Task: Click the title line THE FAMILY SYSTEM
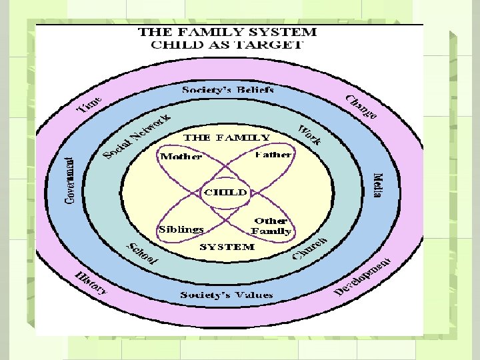227,32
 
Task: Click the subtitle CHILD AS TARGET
227,45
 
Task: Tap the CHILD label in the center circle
225,192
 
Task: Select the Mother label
181,157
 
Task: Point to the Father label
273,155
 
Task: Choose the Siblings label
181,229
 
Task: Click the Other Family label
271,226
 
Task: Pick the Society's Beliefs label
228,89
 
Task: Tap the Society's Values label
227,295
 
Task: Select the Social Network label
137,137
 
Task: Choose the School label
142,253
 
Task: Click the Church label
309,248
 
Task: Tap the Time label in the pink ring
89,104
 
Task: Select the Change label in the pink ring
361,107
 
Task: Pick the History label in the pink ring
91,282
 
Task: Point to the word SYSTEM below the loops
227,247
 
